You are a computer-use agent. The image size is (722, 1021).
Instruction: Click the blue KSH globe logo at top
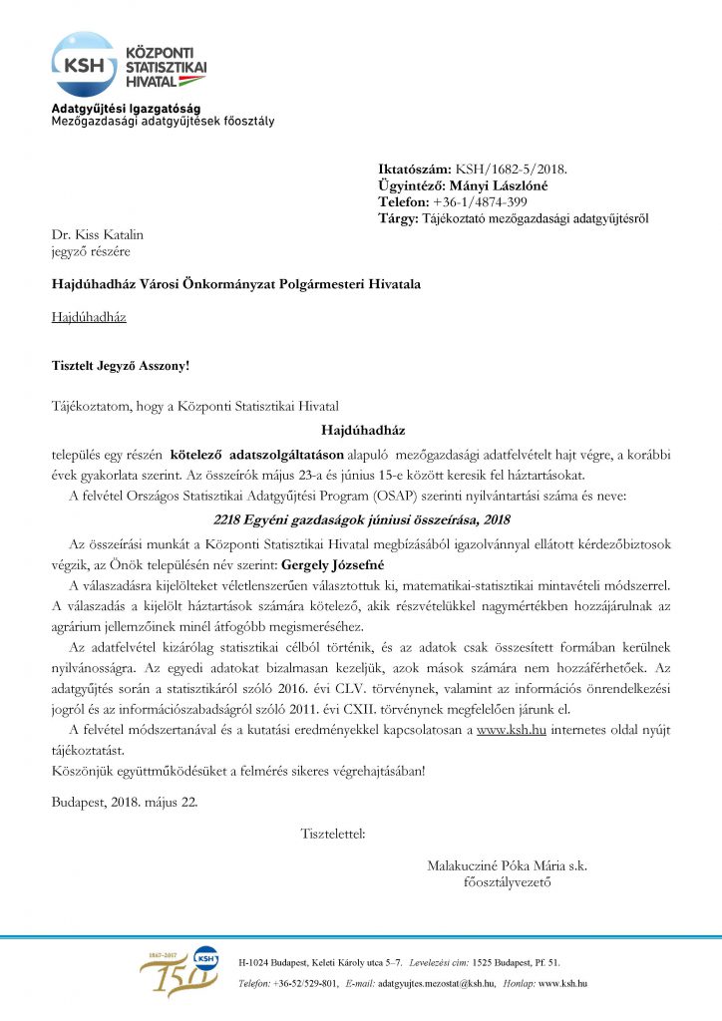pyautogui.click(x=83, y=63)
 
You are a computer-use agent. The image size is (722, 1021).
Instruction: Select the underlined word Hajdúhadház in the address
pyautogui.click(x=89, y=318)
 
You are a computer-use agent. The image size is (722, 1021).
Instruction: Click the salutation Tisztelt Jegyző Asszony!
pyautogui.click(x=120, y=365)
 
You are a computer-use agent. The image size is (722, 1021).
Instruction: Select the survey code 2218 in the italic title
pyautogui.click(x=229, y=518)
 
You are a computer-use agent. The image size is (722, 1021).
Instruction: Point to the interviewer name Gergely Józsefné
pyautogui.click(x=339, y=563)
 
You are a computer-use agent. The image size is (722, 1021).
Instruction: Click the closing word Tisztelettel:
pyautogui.click(x=332, y=832)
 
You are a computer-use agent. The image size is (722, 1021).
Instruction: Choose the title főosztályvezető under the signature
pyautogui.click(x=507, y=882)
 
